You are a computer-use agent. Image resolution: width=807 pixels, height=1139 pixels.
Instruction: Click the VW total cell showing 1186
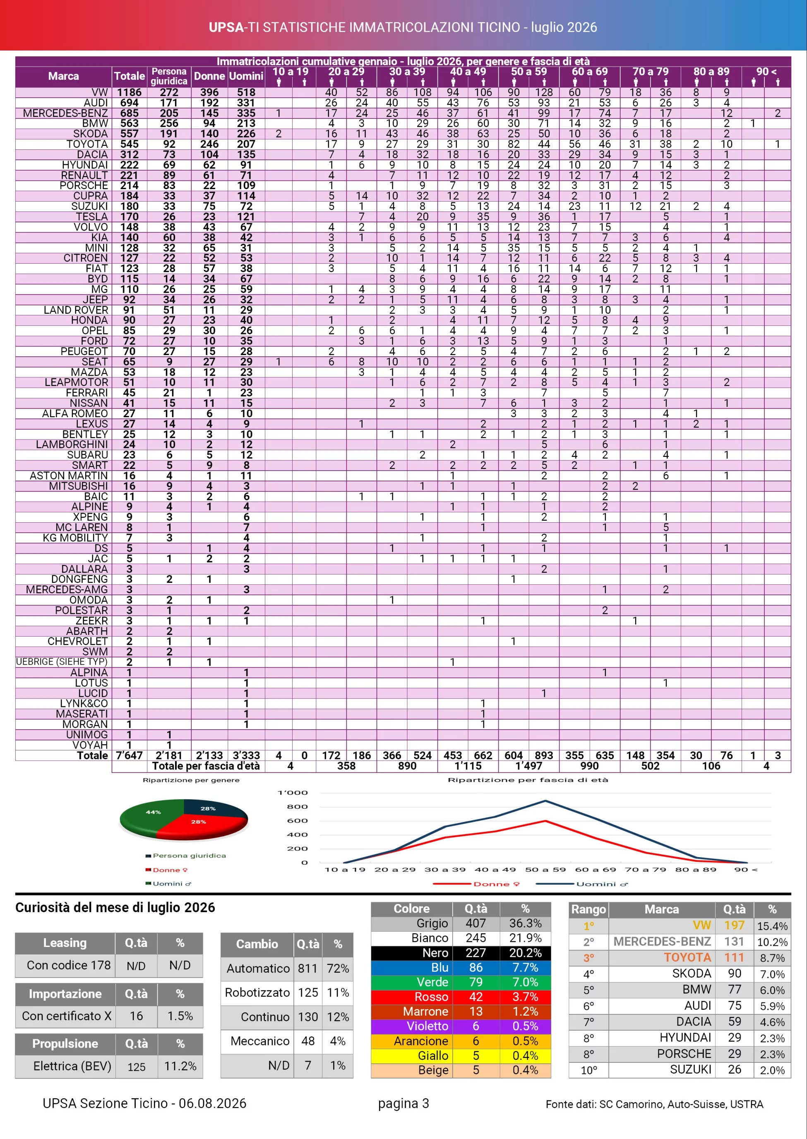[129, 92]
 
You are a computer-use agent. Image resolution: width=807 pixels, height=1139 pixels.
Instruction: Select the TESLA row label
[91, 217]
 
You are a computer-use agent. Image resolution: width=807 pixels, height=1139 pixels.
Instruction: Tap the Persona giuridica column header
[169, 76]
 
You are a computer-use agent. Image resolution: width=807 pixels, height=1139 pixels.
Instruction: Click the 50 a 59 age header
[529, 72]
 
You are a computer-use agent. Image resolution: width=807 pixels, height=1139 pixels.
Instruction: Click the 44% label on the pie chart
[153, 812]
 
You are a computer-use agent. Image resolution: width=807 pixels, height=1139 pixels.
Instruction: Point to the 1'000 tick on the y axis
[293, 793]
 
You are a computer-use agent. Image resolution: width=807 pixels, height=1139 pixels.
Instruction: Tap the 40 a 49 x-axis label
[495, 870]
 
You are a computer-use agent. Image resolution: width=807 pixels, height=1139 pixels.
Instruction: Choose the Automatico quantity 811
[307, 968]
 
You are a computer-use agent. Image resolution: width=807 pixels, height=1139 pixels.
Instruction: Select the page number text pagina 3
[403, 1104]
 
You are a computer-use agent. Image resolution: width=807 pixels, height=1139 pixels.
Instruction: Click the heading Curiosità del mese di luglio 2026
[115, 907]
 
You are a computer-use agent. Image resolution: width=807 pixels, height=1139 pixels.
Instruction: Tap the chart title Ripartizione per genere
[191, 780]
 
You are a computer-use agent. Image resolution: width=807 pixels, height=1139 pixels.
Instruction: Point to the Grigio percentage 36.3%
[525, 923]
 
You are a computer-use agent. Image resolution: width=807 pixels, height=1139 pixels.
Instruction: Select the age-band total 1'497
[529, 766]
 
